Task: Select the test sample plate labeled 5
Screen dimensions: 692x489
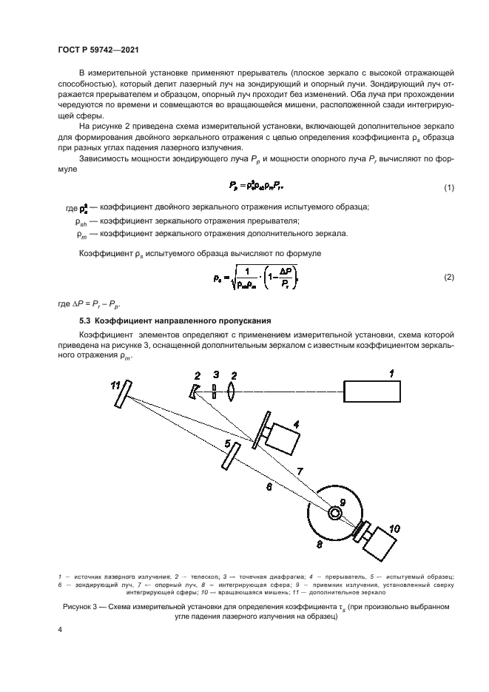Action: tap(230, 454)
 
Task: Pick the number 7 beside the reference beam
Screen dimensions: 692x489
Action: tap(299, 471)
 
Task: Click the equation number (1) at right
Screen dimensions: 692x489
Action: tap(448, 188)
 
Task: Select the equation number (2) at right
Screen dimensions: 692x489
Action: tap(448, 277)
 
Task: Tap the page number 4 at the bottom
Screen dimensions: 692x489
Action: tap(59, 629)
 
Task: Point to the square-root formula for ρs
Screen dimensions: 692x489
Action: tap(249, 276)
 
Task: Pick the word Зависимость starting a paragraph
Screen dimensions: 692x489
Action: tap(103, 161)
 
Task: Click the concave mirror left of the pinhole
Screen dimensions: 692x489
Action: tap(195, 391)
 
